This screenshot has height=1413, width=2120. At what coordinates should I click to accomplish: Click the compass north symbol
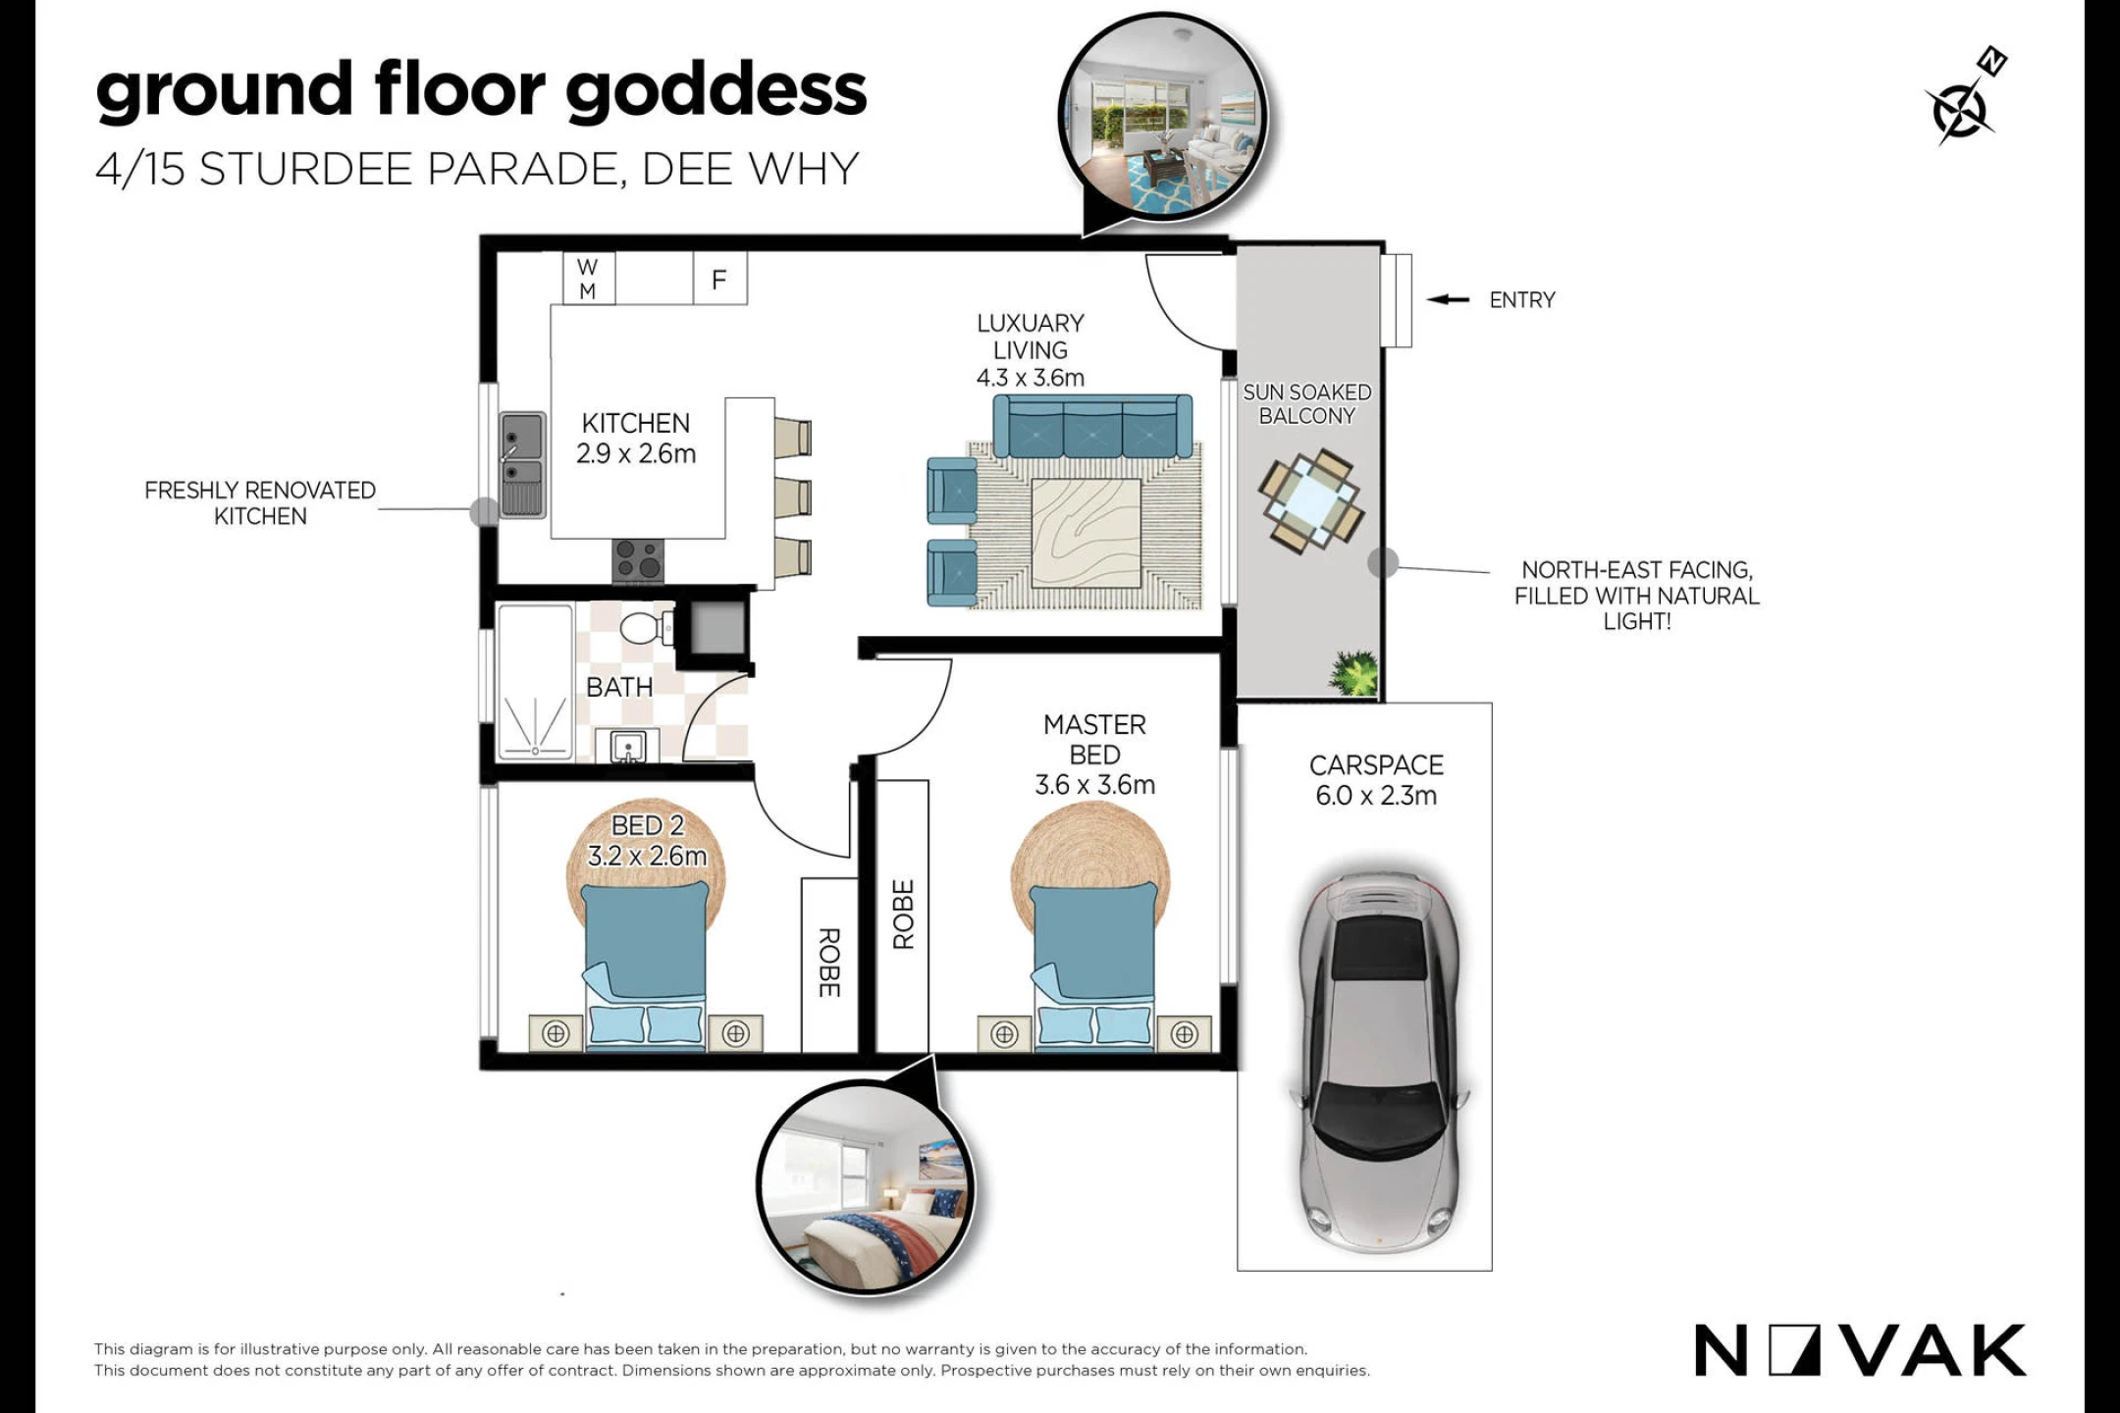pos(1964,98)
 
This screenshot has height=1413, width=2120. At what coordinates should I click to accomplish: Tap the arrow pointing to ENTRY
pos(1448,299)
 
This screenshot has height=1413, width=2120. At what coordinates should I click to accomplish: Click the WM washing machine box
pos(589,279)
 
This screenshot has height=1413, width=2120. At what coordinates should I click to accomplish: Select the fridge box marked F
pos(720,279)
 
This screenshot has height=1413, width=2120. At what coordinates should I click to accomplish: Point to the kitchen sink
pos(522,464)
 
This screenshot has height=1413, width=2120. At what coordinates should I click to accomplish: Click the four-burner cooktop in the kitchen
pos(638,561)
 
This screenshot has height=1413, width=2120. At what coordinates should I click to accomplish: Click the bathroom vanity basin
pos(628,747)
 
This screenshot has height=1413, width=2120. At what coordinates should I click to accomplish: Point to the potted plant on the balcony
pos(1354,673)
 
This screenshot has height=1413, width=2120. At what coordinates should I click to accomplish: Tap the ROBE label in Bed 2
pos(829,963)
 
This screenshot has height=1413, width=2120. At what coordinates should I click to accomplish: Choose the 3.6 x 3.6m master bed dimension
pos(1095,785)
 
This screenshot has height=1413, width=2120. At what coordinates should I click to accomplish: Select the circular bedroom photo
pos(864,1186)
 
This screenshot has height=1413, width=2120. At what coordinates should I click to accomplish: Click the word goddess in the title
pos(716,91)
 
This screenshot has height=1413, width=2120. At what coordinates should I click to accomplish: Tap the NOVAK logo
pos(1860,1351)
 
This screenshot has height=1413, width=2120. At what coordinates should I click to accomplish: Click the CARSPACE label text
pos(1377,765)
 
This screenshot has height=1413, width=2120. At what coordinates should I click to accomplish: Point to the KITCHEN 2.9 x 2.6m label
pos(636,439)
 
